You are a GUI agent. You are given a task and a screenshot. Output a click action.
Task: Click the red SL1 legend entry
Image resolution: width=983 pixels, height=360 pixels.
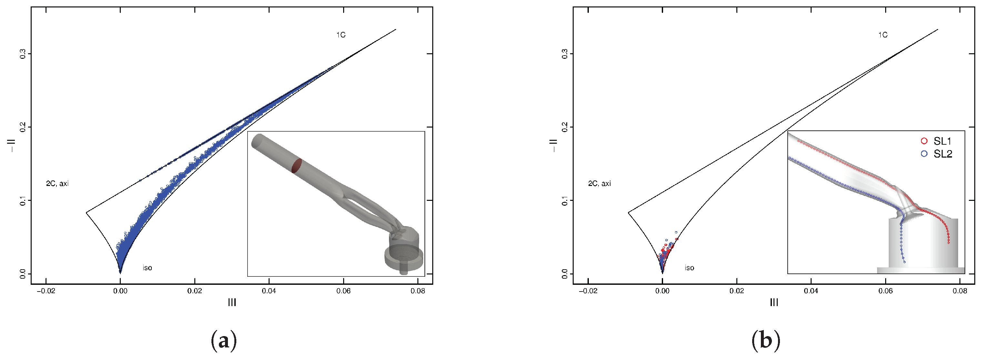[937, 141]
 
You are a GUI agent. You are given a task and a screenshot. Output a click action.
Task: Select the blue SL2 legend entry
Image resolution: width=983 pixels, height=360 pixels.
[937, 154]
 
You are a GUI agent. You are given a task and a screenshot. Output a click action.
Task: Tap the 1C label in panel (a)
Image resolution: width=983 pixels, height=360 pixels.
[341, 35]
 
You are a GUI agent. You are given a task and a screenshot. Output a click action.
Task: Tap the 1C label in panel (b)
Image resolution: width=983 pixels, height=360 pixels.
[883, 35]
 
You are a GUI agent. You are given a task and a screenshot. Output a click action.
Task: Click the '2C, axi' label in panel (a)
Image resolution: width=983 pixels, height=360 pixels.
[57, 184]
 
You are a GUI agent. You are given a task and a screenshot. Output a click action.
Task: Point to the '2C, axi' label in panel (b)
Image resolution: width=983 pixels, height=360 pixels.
[599, 184]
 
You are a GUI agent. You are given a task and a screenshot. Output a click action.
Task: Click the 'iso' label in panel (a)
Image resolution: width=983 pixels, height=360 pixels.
[147, 268]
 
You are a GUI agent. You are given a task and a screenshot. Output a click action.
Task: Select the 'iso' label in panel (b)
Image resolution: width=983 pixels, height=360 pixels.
[689, 268]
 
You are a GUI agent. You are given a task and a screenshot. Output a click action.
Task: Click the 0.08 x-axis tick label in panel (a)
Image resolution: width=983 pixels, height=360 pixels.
[418, 291]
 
